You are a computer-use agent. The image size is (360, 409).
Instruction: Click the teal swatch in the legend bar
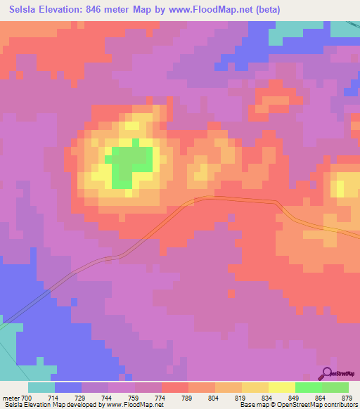pos(41,387)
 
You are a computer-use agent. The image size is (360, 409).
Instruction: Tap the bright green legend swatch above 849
pos(308,387)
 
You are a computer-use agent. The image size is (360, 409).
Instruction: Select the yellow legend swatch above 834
pos(281,387)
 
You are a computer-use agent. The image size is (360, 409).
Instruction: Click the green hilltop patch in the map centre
pos(130,165)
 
